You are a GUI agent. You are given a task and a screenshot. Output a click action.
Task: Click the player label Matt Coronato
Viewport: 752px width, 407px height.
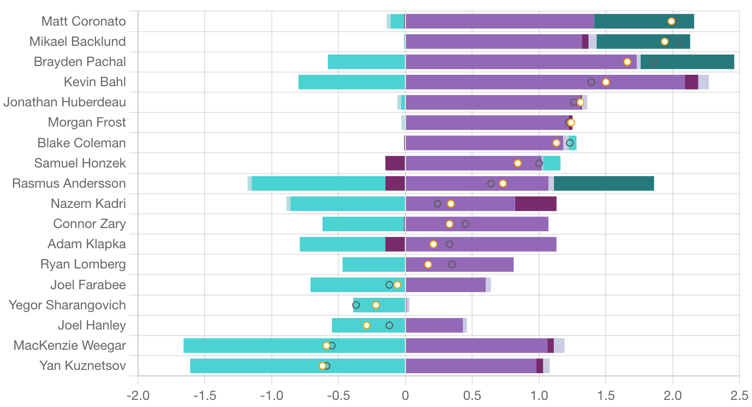point(84,21)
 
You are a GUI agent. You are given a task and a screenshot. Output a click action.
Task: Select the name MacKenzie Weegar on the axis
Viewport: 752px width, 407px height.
point(70,345)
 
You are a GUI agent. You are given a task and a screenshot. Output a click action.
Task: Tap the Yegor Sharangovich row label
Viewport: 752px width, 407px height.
point(68,305)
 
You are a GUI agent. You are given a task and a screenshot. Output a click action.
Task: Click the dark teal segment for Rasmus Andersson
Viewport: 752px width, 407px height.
point(604,183)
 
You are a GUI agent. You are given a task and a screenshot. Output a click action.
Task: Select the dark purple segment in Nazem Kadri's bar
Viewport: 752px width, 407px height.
point(535,203)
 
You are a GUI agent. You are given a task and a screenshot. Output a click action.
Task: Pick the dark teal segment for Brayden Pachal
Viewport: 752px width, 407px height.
point(687,62)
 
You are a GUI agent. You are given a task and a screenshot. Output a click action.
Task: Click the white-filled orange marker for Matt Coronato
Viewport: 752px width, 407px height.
point(671,21)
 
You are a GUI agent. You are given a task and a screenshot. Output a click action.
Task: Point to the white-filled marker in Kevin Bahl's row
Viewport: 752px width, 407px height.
point(606,82)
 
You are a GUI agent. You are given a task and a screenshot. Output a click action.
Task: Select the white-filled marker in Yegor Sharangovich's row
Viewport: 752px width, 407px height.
point(375,305)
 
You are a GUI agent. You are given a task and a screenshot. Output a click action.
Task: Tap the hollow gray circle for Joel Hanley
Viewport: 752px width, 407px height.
point(389,325)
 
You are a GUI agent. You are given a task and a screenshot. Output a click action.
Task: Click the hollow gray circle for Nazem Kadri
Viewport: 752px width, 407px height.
point(437,203)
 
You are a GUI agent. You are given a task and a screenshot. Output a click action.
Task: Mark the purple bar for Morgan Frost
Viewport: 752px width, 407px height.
point(486,123)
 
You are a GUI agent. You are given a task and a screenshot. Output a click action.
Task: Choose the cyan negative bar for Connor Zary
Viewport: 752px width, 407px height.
point(363,224)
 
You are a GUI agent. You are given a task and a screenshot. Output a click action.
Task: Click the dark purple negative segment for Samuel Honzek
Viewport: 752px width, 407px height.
point(395,163)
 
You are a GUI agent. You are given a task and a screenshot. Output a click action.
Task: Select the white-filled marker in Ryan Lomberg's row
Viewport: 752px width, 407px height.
point(428,265)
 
